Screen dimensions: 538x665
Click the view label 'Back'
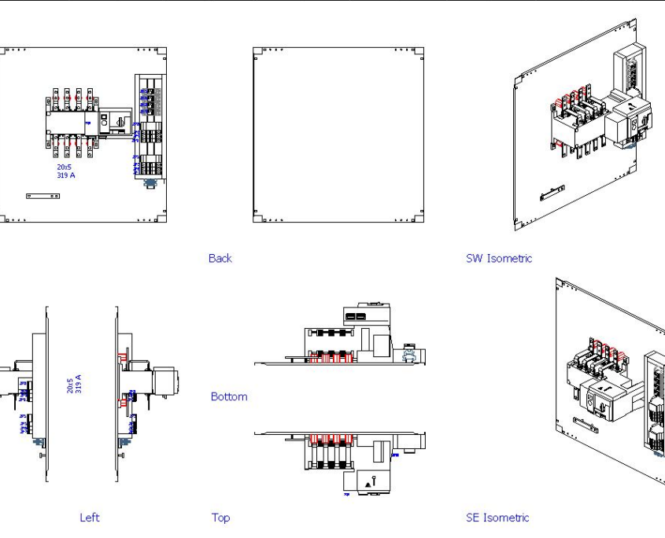[x=220, y=258]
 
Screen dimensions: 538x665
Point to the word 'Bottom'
[x=229, y=396]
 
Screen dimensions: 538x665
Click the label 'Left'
[x=90, y=518]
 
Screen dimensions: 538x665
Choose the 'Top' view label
[x=220, y=518]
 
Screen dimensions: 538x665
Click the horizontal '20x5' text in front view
[x=64, y=168]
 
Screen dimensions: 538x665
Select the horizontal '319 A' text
[x=65, y=175]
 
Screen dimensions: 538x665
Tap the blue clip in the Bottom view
[x=408, y=356]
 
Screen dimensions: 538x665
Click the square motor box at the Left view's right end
[x=168, y=385]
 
